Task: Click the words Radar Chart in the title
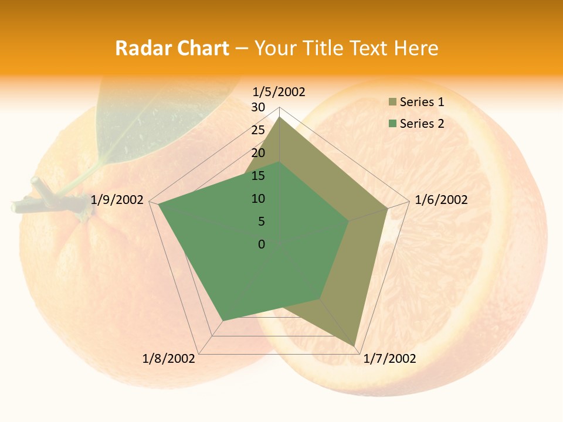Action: coord(172,48)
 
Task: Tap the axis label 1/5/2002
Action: coord(279,92)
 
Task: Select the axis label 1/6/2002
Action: coord(441,200)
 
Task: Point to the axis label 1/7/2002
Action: coord(389,359)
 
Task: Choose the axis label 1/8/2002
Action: coord(169,359)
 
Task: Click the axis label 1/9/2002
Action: coord(117,200)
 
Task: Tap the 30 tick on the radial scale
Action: coord(258,107)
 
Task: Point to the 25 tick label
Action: coord(258,130)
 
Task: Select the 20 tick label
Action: coord(258,153)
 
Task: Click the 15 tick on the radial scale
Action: coord(258,176)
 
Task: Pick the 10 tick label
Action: coord(258,199)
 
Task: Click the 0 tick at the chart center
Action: coord(262,244)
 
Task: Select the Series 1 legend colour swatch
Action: coord(392,102)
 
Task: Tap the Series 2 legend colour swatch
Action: coord(392,124)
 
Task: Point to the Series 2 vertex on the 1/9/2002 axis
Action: coord(159,205)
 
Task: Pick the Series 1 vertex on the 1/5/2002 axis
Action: coord(280,117)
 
